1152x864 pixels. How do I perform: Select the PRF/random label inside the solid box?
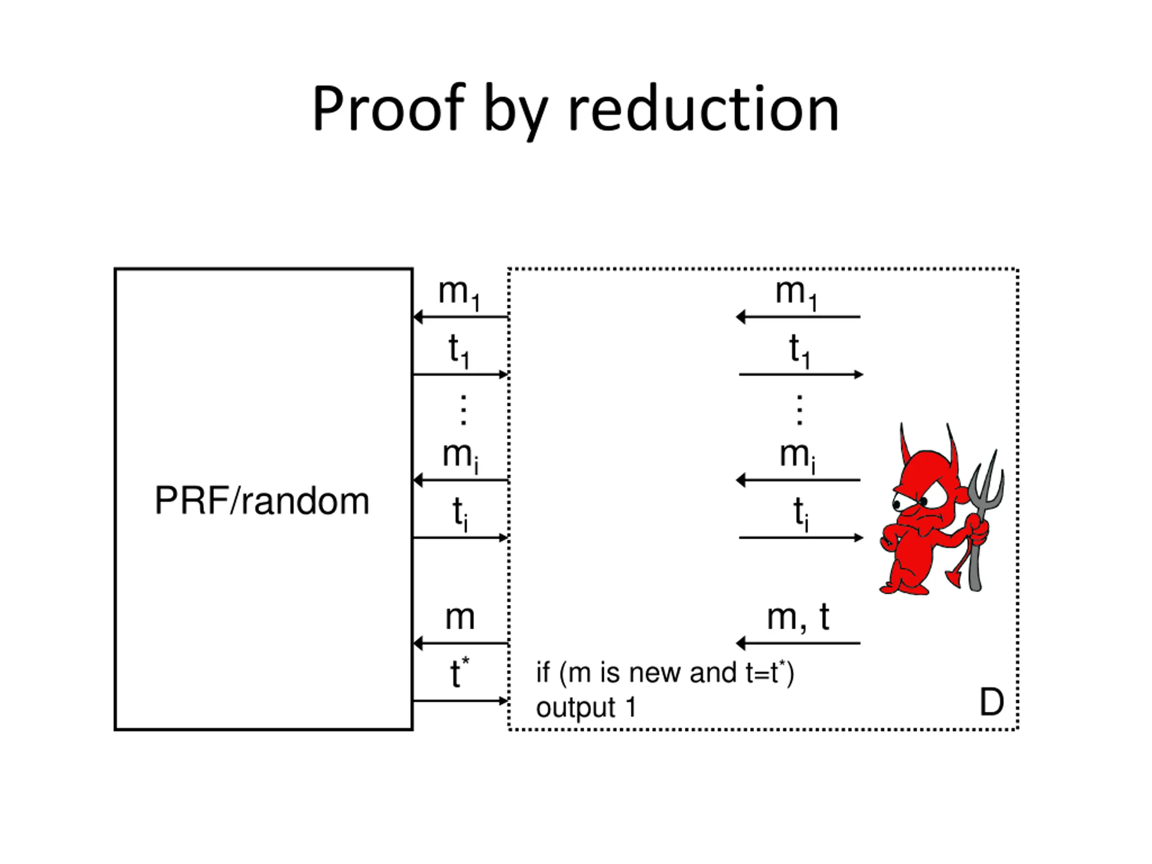pos(262,501)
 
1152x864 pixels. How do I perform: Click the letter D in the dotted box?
pos(992,702)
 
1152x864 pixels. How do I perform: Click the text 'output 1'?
pos(586,707)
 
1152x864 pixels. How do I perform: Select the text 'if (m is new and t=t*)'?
pos(665,672)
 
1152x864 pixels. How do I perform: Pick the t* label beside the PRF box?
pos(459,672)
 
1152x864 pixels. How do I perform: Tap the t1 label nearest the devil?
pos(799,351)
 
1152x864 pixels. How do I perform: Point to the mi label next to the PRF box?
pos(460,457)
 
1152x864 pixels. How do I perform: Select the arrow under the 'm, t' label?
pos(798,643)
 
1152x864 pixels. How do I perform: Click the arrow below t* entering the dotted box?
pos(460,701)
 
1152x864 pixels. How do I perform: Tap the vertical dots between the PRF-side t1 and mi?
pos(463,410)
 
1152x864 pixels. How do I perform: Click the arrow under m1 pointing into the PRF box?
pos(460,317)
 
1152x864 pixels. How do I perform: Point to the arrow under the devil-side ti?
pos(801,537)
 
